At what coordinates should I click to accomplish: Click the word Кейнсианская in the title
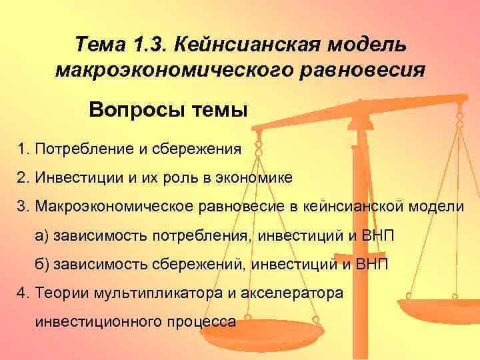[247, 45]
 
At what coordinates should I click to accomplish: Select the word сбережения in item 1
[200, 148]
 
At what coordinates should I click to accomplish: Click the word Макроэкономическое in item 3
[105, 207]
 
